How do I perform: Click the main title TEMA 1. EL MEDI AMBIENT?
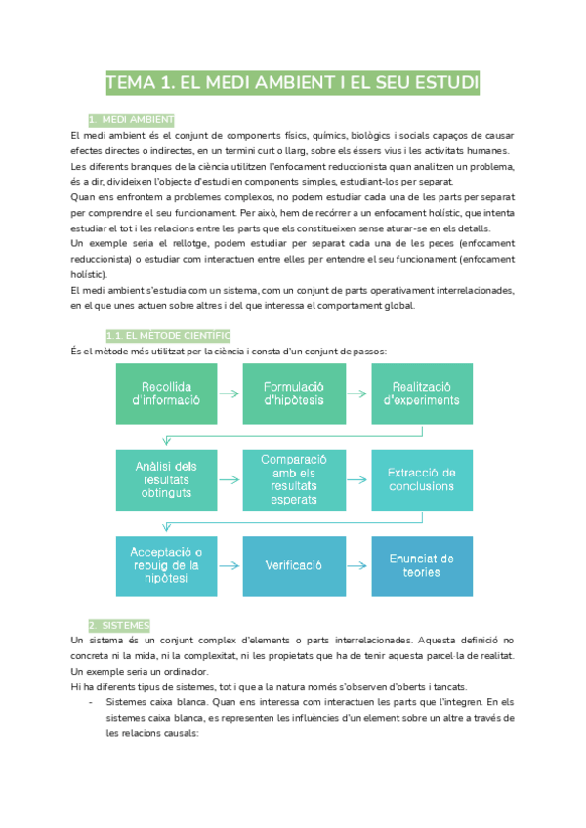point(293,83)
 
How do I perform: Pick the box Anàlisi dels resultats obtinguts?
point(166,479)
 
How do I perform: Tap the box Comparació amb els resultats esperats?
point(294,479)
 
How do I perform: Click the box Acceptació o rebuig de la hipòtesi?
point(166,565)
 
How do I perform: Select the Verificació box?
point(294,565)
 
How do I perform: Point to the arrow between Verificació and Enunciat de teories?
point(357,565)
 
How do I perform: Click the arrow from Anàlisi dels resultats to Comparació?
point(230,479)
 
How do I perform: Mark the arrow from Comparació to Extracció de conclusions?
point(357,479)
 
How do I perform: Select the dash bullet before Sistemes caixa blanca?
point(91,701)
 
